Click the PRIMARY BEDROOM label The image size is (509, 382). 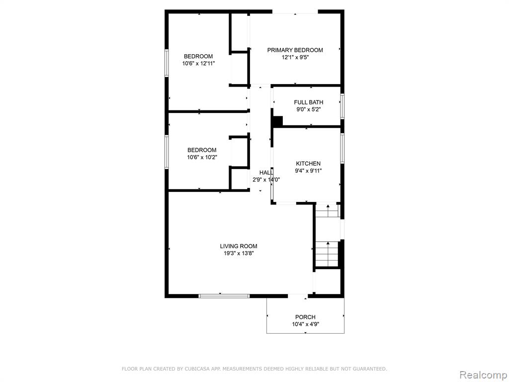295,50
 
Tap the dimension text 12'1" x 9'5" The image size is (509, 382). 295,58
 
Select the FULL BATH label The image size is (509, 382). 308,102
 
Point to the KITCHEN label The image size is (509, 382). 308,164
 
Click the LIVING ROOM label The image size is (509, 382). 239,246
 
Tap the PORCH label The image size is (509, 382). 305,317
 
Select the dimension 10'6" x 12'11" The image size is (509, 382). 199,64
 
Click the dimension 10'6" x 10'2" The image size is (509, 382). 202,158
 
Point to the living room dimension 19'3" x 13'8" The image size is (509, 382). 239,254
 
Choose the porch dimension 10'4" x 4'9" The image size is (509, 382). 306,324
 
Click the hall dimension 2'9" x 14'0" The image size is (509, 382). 266,180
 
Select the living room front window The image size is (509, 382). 224,296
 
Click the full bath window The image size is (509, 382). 342,106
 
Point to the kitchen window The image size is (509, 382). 342,148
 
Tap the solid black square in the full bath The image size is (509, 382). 277,121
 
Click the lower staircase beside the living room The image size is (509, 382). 328,254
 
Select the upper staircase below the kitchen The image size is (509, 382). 328,211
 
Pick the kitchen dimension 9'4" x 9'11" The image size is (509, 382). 308,171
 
